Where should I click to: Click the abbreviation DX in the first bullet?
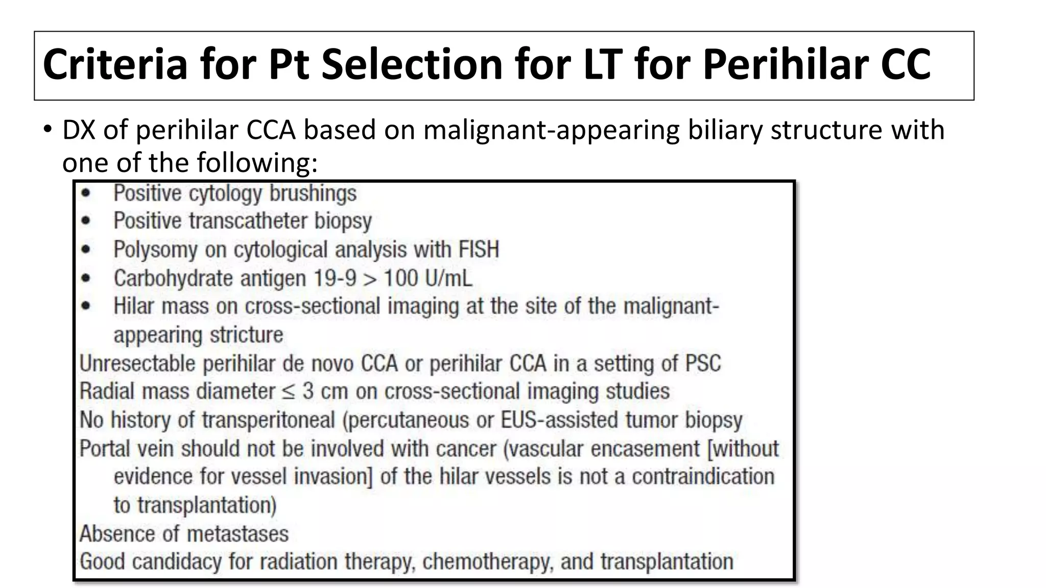79,130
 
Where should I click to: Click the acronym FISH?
479,250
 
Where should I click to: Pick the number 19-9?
336,278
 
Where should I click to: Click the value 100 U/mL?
428,278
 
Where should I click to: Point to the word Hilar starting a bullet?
134,306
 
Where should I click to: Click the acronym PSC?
703,363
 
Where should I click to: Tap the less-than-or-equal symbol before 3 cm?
289,391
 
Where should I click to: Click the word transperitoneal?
268,420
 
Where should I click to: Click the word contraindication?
703,477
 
